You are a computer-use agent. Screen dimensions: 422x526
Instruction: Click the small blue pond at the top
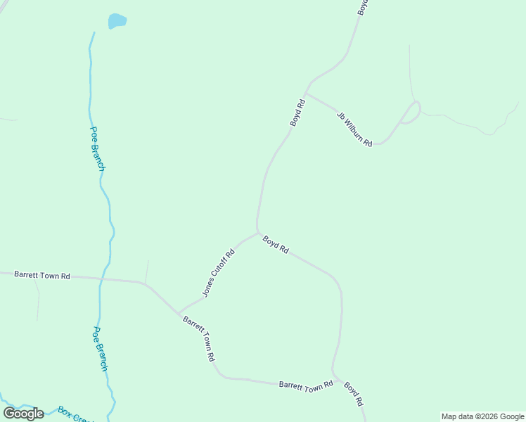117,21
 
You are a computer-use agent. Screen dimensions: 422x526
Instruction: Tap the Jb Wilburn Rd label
354,129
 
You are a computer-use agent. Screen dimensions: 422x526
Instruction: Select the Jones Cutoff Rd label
218,272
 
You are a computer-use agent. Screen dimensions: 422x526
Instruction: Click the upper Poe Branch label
98,148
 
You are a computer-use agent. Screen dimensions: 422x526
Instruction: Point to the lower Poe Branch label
101,349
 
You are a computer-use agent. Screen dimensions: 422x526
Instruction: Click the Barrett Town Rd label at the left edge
42,276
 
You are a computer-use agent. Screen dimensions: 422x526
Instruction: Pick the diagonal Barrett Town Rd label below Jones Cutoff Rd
199,338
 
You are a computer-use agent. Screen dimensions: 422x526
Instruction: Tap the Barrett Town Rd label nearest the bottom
305,385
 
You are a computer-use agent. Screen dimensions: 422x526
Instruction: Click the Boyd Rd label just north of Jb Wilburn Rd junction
297,113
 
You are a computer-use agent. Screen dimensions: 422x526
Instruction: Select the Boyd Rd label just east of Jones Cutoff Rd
276,245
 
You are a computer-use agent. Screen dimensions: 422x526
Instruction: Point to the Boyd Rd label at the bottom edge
353,393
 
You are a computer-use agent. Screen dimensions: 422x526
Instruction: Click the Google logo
23,414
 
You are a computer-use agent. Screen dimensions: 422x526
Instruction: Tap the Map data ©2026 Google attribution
482,416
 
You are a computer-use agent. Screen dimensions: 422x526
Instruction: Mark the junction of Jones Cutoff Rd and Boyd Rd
258,233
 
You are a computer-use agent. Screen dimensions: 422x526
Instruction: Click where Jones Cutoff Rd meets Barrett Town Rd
179,313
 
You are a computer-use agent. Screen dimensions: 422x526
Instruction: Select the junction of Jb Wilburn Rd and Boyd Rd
305,93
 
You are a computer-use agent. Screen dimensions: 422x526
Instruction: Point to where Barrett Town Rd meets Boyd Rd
333,376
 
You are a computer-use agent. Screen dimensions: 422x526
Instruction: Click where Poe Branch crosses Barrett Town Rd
101,279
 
